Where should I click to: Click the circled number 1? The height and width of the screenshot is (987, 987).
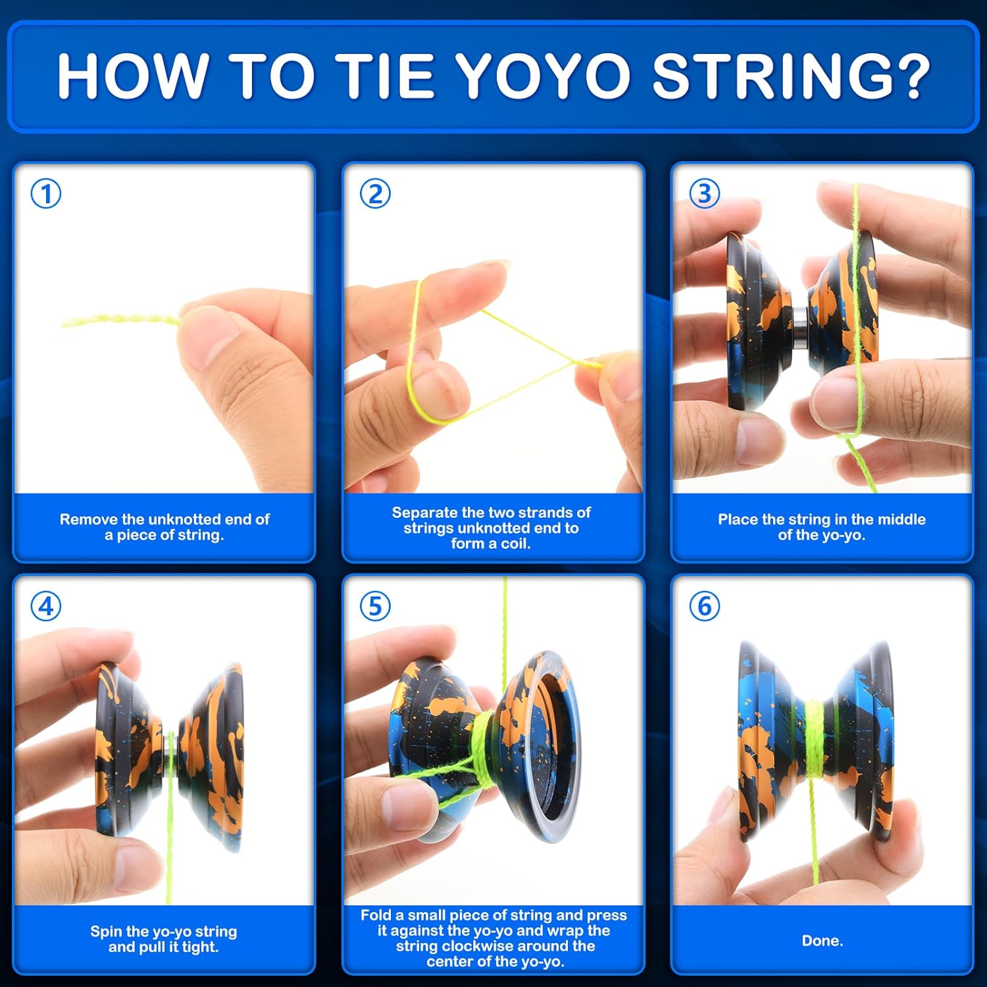coord(46,194)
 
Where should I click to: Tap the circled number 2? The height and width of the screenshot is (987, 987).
coord(375,194)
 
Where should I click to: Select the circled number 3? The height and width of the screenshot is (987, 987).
coord(704,193)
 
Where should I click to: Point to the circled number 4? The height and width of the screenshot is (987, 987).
coord(46,606)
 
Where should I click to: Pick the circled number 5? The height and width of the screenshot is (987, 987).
coord(375,606)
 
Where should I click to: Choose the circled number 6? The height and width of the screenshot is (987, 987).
coord(704,606)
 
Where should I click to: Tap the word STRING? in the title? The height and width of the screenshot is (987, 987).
coord(790,76)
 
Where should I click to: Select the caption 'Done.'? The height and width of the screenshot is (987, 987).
coord(822,941)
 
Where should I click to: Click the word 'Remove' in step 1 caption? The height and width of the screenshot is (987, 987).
coord(89,519)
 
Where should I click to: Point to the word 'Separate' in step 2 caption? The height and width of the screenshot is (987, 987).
coord(425,513)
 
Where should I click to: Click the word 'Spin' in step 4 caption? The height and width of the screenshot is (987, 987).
coord(106,932)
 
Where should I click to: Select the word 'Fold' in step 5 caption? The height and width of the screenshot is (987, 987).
coord(376,915)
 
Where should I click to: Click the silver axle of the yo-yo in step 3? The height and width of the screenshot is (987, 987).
coord(800,327)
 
